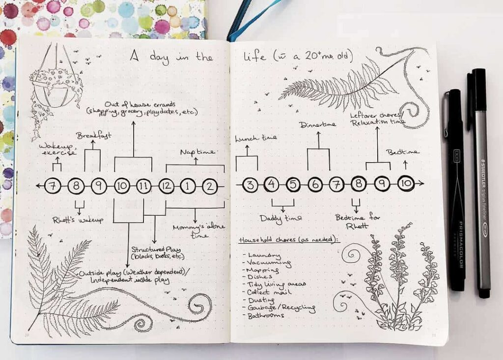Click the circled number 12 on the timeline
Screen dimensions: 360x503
click(167, 186)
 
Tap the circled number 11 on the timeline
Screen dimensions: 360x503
click(144, 186)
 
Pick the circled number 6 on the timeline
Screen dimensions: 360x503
click(315, 185)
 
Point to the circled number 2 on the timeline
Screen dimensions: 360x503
click(210, 186)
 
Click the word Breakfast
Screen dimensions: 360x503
click(93, 135)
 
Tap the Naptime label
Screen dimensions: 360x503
click(197, 152)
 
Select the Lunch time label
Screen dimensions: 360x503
click(255, 138)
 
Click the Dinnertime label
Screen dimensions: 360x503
click(318, 125)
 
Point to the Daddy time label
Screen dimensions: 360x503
click(280, 218)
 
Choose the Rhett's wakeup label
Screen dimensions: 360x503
click(78, 220)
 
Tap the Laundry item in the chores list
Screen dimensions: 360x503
click(264, 256)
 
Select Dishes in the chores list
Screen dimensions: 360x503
click(261, 277)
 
